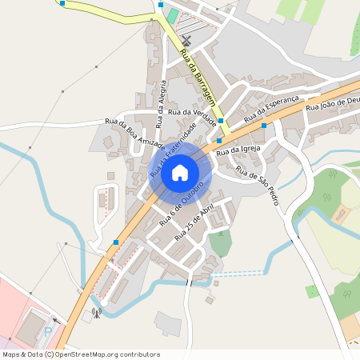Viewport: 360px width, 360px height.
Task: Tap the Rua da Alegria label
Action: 162,104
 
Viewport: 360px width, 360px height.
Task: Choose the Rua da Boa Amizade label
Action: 134,132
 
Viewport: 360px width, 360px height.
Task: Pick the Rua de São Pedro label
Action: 258,187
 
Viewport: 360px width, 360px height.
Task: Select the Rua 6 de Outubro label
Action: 182,200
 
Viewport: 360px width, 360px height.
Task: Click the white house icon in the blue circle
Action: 180,172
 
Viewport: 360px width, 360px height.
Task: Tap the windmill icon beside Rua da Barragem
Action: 186,40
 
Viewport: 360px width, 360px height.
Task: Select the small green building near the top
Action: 172,16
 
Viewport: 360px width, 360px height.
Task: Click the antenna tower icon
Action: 97,313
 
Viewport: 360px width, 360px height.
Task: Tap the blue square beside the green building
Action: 161,5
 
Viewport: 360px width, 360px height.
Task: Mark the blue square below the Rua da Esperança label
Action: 263,126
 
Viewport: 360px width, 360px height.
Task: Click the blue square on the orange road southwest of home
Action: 116,242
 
